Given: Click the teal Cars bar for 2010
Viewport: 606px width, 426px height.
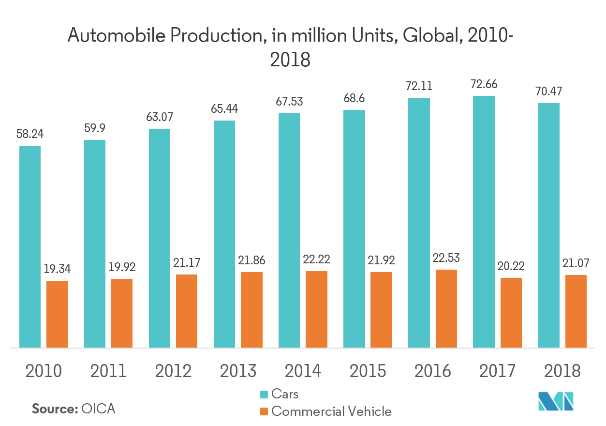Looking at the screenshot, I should click(x=30, y=246).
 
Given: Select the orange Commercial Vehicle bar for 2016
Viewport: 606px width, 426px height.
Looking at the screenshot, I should click(x=446, y=308).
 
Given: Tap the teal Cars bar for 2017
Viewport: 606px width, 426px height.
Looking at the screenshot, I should click(x=484, y=221).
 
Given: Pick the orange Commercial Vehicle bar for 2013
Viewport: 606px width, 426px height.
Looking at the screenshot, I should click(x=251, y=310).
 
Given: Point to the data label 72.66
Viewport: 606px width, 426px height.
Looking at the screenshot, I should click(x=484, y=84).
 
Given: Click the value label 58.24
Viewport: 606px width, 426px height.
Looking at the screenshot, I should click(x=30, y=134).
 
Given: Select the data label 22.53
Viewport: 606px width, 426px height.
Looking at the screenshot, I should click(x=446, y=258).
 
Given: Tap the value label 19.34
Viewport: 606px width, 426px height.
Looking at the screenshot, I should click(x=57, y=269).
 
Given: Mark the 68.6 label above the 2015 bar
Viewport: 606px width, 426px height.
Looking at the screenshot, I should click(x=354, y=98).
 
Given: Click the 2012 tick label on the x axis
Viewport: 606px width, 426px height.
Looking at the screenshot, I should click(x=173, y=371).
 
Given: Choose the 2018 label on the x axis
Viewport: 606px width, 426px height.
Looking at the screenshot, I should click(x=562, y=371).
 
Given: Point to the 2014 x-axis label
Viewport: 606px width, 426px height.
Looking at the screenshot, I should click(x=303, y=371).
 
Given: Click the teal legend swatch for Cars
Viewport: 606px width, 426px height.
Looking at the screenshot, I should click(x=264, y=394).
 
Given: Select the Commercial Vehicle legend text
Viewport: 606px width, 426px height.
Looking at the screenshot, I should click(x=331, y=411).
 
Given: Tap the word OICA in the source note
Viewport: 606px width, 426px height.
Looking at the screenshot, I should click(x=99, y=409).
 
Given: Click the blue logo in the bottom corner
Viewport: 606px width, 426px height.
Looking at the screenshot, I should click(x=556, y=401).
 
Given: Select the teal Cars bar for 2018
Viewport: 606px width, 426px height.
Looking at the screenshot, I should click(x=548, y=225).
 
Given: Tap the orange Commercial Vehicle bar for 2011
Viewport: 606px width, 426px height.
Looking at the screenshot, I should click(x=122, y=313).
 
